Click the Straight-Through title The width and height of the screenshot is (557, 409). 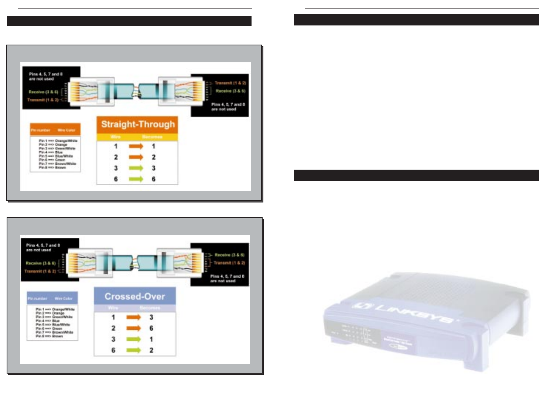coord(138,124)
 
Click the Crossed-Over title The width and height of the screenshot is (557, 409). coord(134,297)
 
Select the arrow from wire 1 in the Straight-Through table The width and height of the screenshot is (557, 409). coord(136,146)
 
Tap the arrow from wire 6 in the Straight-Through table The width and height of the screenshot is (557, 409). coord(136,179)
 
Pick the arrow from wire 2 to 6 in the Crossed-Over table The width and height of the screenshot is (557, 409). coord(133,328)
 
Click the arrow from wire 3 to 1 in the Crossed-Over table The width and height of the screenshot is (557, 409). coord(133,339)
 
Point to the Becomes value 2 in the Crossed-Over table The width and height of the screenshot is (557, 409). coord(151,350)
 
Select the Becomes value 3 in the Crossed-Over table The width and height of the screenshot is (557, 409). coord(151,317)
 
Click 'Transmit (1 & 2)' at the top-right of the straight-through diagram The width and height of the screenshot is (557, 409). coord(230,83)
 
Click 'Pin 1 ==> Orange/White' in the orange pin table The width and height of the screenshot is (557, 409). coord(58,141)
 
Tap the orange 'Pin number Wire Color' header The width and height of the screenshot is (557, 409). coord(55,130)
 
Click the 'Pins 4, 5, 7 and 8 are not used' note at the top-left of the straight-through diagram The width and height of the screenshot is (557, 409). coord(45,76)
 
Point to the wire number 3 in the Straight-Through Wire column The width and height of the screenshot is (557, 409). coord(116,168)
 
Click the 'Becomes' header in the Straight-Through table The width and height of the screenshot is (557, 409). coord(152,137)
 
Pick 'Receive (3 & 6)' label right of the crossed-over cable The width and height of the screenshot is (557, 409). coord(229,255)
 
